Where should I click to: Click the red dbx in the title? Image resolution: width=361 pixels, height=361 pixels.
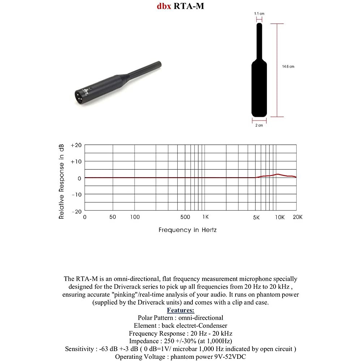coord(164,6)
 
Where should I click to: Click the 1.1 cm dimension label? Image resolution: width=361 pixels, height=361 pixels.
coord(259,13)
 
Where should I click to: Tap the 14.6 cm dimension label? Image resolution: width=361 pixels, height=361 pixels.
coord(288,67)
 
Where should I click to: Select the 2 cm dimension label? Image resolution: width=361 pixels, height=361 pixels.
coord(259,126)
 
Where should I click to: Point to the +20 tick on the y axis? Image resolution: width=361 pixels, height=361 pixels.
coord(76,145)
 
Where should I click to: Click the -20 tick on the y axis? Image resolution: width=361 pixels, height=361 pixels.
coord(76,211)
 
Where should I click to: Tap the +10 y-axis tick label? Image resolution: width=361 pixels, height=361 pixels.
coord(76,161)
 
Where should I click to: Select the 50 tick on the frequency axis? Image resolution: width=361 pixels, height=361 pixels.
coord(112,217)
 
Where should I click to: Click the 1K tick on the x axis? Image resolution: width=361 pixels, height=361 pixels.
coord(205,217)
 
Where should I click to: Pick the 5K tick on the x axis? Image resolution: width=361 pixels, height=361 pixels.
coord(256,217)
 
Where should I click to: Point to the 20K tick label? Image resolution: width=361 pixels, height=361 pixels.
coord(297,217)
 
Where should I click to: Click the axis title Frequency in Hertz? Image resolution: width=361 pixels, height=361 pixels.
coord(187,230)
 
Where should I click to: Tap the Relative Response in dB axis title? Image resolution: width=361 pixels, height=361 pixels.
coord(62,180)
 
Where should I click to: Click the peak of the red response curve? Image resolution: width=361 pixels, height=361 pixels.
coord(277,174)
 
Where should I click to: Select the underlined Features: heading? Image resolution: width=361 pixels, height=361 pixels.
coord(180,310)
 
